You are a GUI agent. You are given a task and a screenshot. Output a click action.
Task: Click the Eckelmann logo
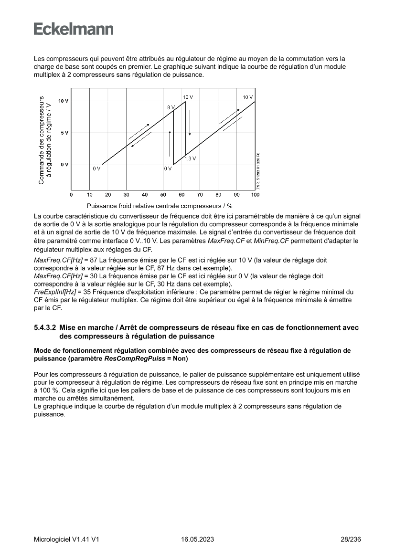pos(74,29)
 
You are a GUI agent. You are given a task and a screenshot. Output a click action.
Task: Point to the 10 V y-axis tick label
pos(63,101)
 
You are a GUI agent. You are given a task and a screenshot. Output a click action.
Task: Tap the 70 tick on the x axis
pos(200,195)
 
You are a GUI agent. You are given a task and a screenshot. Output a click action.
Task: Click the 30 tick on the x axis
pos(126,195)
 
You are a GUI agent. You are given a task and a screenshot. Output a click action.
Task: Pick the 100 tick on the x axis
pos(255,195)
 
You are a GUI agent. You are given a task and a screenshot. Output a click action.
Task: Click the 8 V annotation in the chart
pos(171,108)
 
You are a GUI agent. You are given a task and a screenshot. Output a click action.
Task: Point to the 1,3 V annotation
pos(190,158)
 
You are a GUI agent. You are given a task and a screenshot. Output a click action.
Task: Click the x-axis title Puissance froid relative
pos(160,206)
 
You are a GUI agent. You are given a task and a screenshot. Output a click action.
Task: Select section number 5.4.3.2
pos(45,327)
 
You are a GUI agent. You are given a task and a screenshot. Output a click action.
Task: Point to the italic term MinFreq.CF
pos(271,241)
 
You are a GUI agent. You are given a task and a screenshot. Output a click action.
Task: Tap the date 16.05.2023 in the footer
pos(197,539)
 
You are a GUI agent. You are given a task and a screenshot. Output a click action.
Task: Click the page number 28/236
pos(351,539)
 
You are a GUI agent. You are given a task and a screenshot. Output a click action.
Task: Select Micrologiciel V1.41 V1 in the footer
pos(66,539)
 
